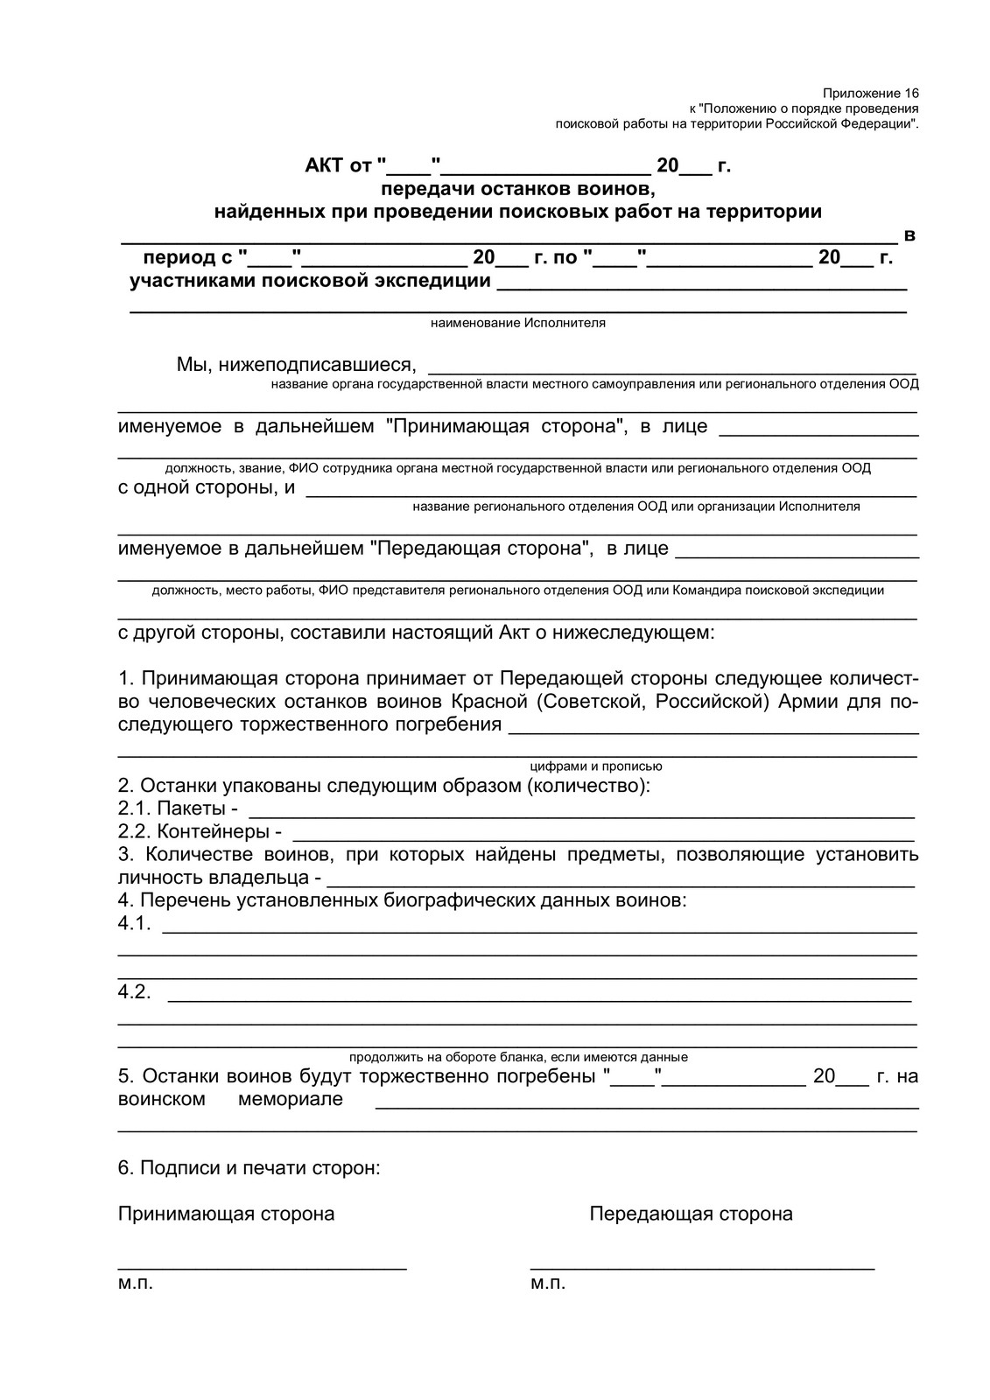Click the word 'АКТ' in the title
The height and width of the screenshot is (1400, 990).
(325, 165)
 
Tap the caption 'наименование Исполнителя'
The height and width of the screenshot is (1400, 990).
(517, 323)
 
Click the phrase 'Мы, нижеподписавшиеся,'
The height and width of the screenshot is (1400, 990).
(296, 364)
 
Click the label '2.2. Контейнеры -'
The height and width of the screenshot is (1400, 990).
(200, 831)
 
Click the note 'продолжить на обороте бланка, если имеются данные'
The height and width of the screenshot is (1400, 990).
(518, 1057)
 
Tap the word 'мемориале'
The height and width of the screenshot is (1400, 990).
(290, 1099)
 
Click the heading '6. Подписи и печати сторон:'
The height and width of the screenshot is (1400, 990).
(249, 1167)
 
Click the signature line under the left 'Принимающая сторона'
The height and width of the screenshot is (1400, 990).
(262, 1268)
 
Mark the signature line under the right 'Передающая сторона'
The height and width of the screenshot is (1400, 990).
(702, 1268)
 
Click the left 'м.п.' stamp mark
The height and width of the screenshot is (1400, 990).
(135, 1284)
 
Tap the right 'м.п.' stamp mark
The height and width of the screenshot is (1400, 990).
(548, 1284)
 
